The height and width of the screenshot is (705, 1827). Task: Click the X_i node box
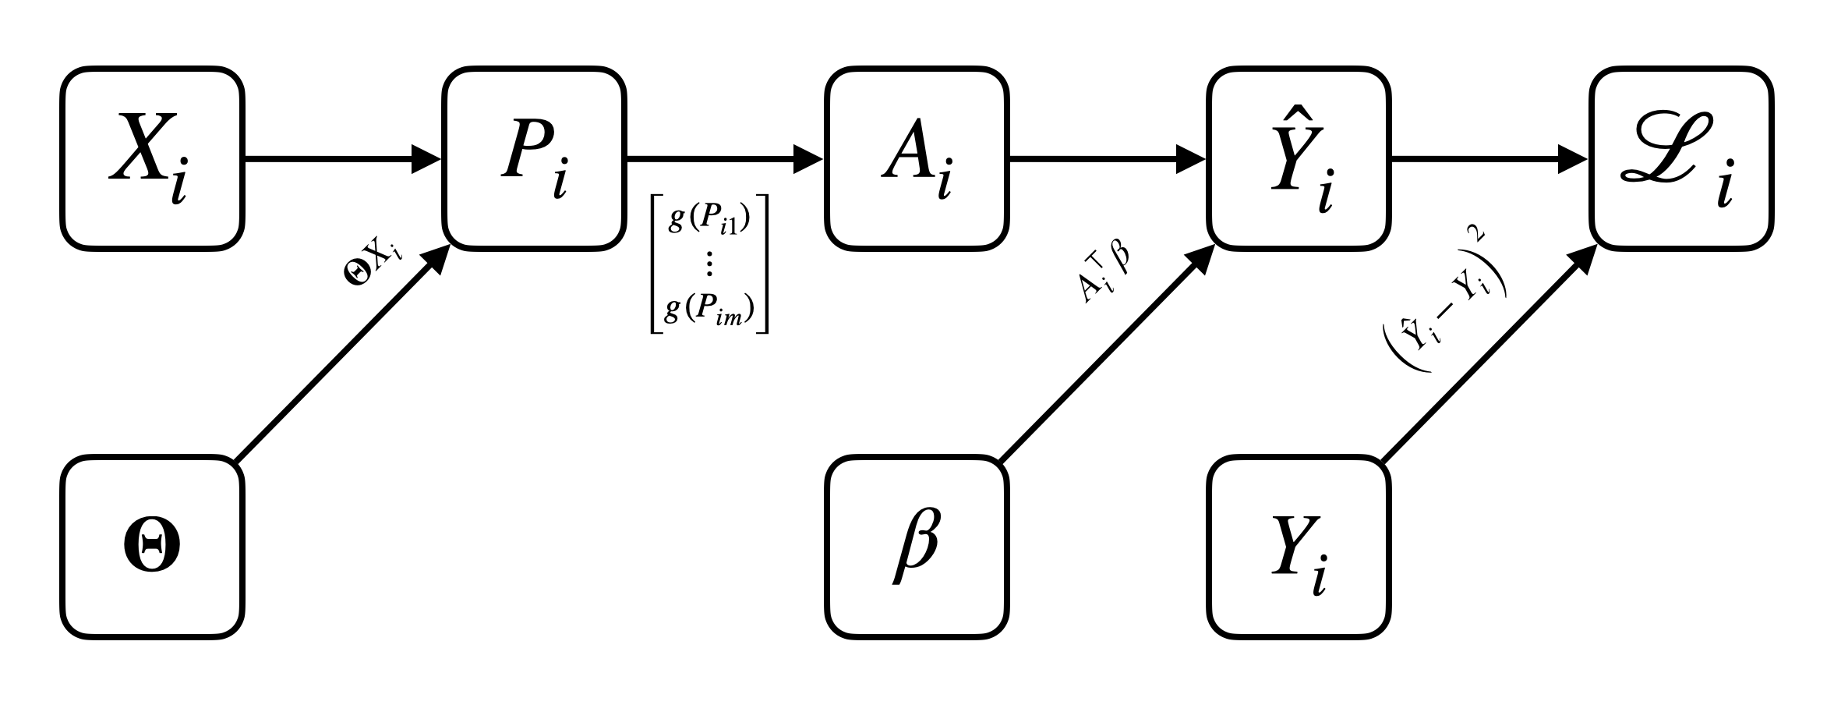(x=152, y=159)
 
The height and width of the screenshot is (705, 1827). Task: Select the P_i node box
(x=535, y=159)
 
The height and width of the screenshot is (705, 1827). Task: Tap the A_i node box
(x=917, y=159)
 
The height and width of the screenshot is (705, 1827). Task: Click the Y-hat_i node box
(x=1299, y=159)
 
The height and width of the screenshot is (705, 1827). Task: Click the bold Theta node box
(x=152, y=547)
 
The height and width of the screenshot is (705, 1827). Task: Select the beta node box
(x=917, y=547)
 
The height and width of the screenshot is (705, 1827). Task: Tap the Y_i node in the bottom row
(x=1299, y=547)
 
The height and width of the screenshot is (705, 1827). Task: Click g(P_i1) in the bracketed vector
(x=709, y=221)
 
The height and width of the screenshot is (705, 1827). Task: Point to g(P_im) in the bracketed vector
(x=709, y=312)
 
